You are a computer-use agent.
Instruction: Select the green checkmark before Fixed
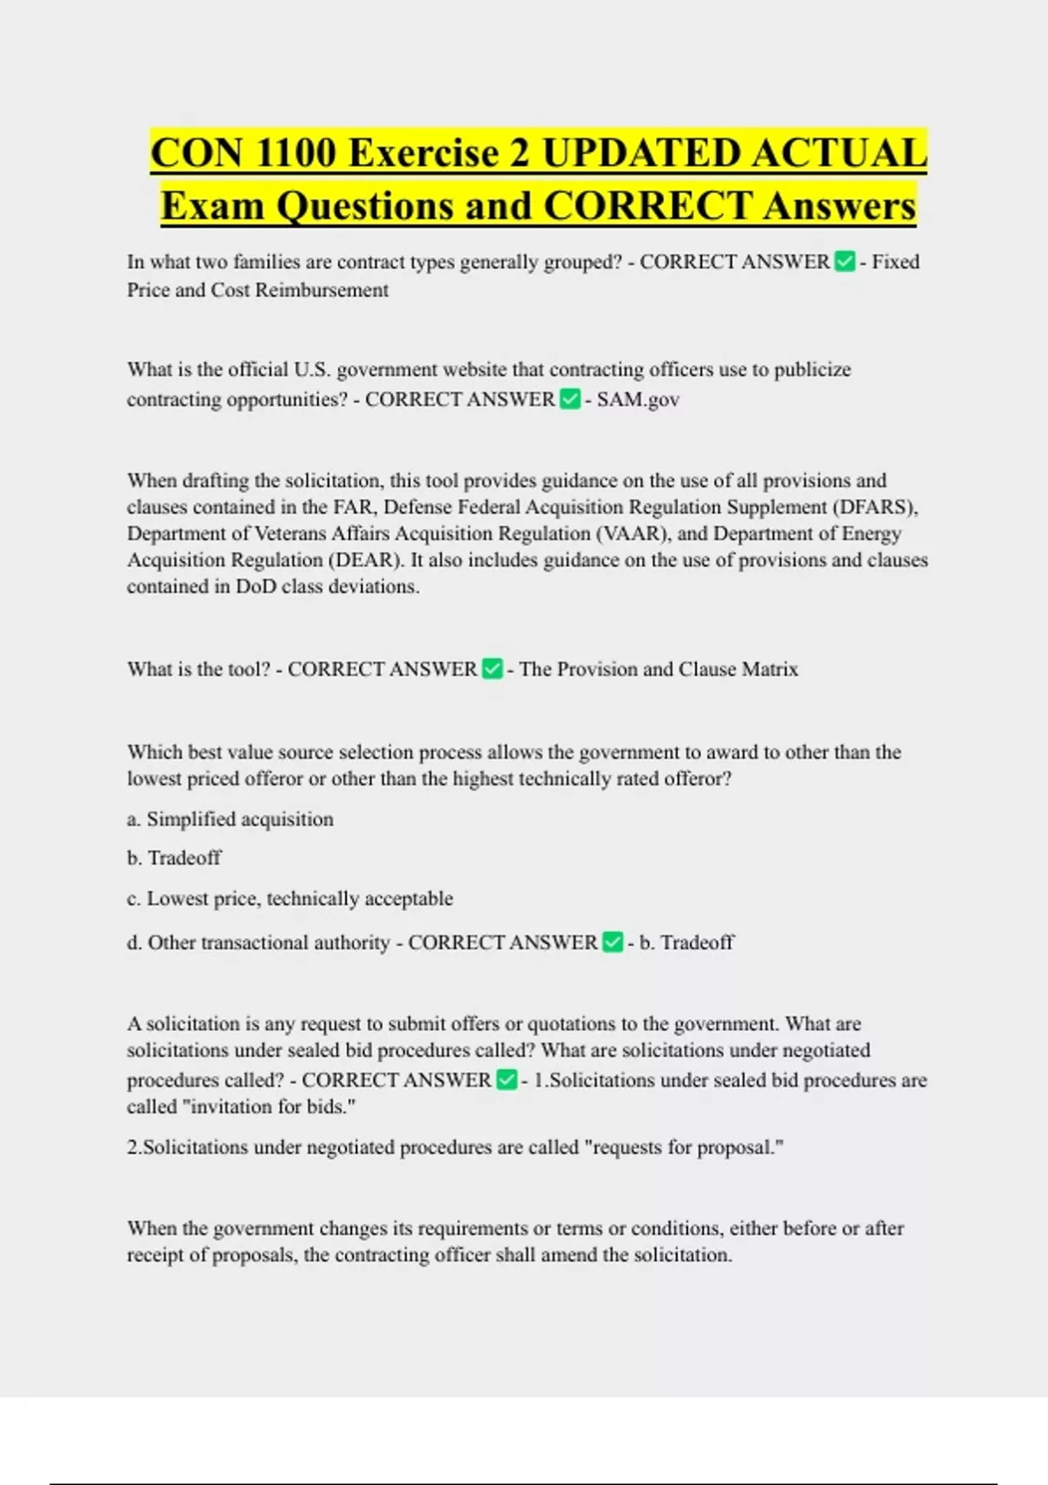(x=845, y=261)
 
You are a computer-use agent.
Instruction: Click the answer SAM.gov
(x=638, y=399)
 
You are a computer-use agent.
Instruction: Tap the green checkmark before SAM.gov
(x=569, y=399)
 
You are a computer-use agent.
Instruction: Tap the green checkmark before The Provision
(x=493, y=669)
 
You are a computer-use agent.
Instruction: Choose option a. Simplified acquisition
(x=231, y=819)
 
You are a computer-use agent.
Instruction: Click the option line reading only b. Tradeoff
(x=174, y=858)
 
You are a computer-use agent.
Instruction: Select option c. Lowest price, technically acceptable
(x=290, y=898)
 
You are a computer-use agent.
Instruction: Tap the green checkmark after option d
(x=613, y=942)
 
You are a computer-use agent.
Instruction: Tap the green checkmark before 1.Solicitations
(x=507, y=1080)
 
